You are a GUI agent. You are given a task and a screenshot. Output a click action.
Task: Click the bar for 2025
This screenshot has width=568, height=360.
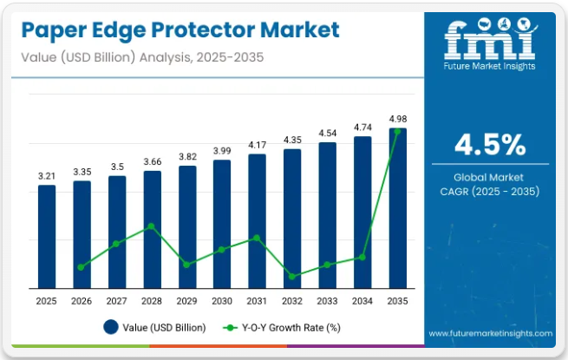point(47,236)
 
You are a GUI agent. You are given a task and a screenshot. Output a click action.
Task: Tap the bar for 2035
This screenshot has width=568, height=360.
point(397,208)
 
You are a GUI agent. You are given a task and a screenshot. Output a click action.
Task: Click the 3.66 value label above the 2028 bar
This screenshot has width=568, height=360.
point(152,161)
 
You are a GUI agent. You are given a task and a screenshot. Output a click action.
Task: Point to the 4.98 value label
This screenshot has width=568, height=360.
point(397,119)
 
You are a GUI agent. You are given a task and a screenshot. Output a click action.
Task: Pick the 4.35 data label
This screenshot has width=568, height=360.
point(292,140)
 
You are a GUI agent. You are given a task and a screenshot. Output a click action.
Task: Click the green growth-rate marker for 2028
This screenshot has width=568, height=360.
point(152,226)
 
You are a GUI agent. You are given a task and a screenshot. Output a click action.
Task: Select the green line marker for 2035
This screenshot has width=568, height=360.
point(397,132)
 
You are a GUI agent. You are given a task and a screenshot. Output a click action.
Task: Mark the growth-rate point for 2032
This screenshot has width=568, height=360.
point(292,277)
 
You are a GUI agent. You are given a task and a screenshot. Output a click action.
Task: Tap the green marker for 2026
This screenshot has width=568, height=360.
point(82,267)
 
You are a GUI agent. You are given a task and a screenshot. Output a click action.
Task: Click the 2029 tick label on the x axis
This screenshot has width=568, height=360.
point(186,300)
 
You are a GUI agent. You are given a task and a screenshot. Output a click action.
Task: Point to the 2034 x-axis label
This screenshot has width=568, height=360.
point(362,300)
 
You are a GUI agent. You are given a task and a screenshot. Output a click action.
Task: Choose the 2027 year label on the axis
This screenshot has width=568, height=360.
point(117,300)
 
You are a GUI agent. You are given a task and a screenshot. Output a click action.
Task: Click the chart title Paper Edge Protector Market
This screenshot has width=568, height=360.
point(178,30)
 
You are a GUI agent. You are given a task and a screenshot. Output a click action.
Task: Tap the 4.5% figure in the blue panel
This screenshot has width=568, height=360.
point(489,143)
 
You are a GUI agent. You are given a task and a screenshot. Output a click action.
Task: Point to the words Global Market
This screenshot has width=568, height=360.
point(489,176)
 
